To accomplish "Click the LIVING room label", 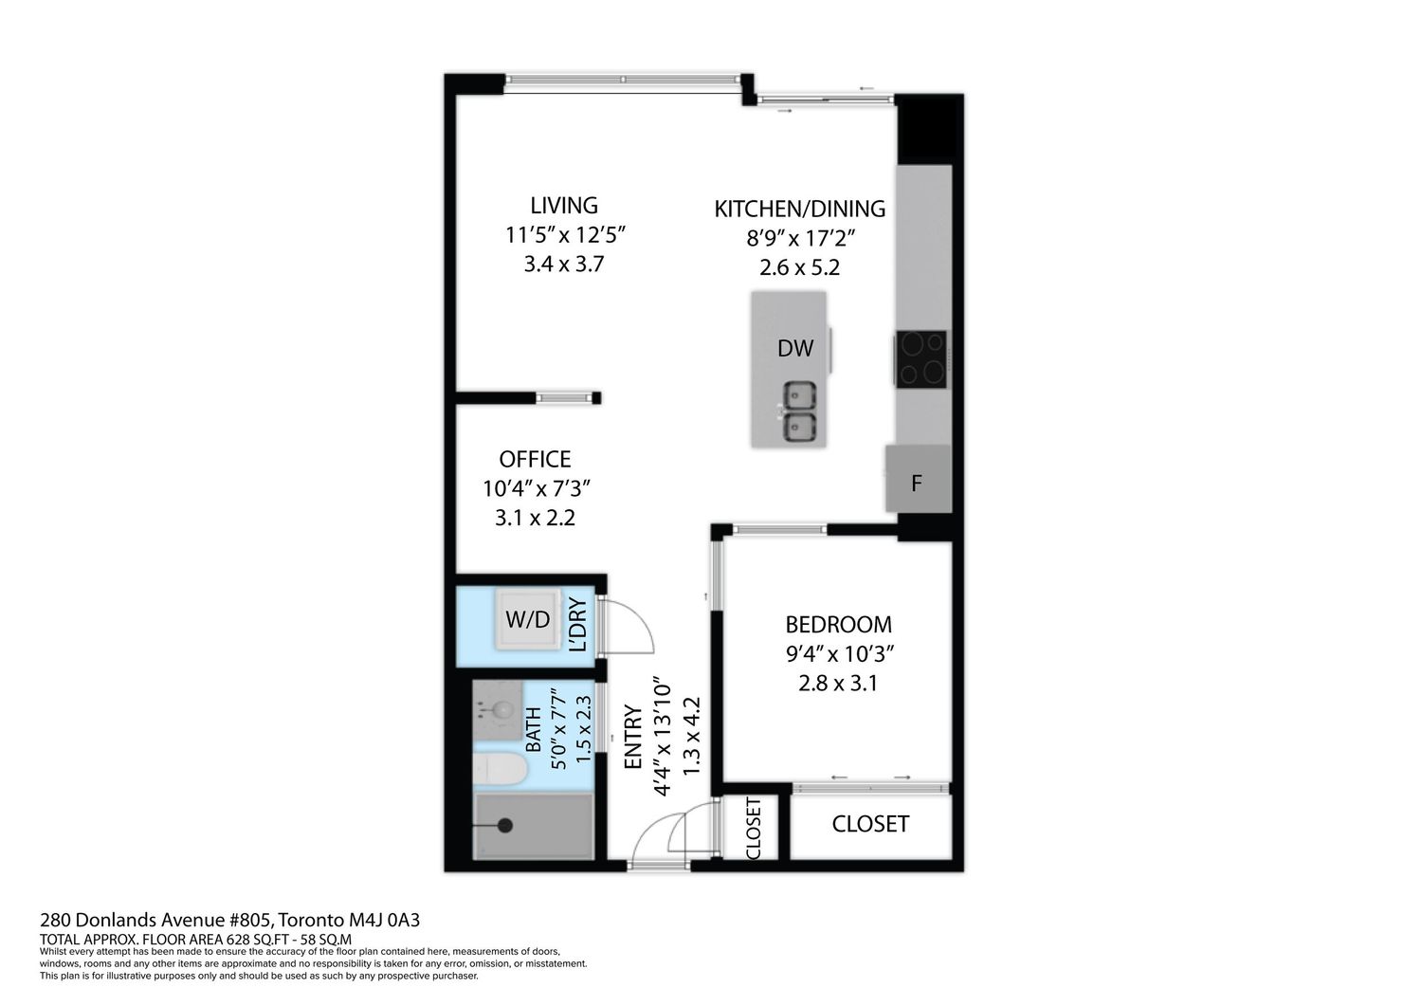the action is pos(564,206).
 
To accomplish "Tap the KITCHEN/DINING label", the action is pos(799,209).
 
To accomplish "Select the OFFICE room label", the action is pos(535,459).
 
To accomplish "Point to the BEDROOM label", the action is pos(838,625).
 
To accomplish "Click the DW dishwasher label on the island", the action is pos(794,348).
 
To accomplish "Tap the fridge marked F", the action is pos(918,479).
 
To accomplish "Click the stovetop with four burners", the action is pos(921,358).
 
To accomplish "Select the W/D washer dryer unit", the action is pos(528,619).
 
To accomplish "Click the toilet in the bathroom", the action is pos(500,770).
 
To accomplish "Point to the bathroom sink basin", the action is pos(503,710).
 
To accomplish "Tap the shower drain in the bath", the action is pos(504,826).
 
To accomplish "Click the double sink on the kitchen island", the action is pos(798,412).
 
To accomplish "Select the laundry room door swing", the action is pos(627,627).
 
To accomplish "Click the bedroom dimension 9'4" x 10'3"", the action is pos(839,654).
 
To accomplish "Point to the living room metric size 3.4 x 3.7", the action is pos(563,265).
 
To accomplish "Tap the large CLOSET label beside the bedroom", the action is pos(869,824).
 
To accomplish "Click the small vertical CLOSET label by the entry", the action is pos(753,829).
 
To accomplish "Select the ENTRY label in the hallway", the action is pos(633,737).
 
